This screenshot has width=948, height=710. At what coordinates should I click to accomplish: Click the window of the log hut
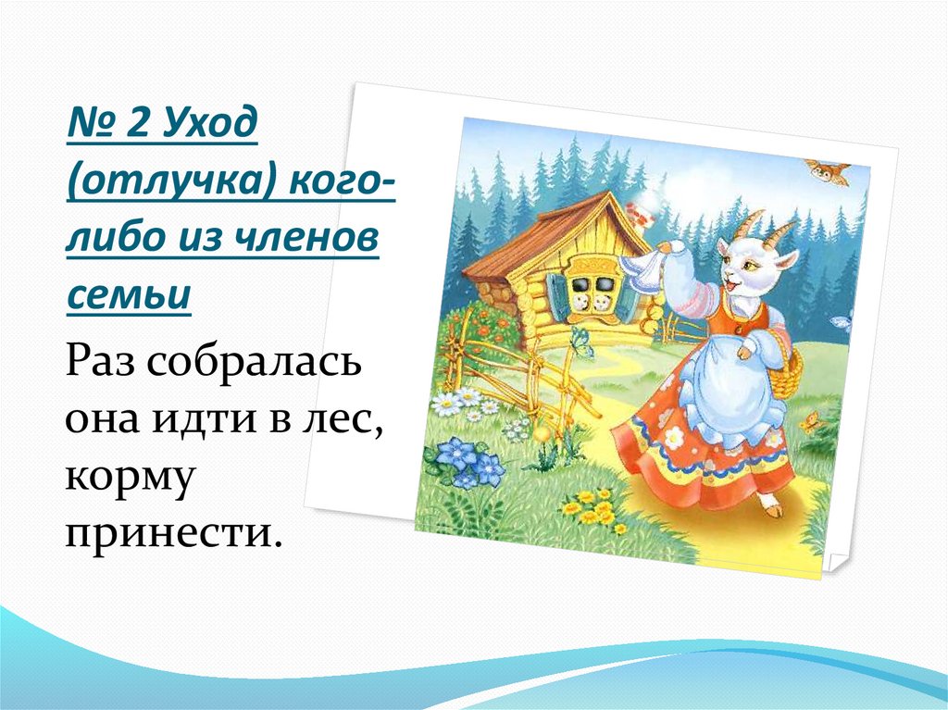(x=591, y=287)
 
